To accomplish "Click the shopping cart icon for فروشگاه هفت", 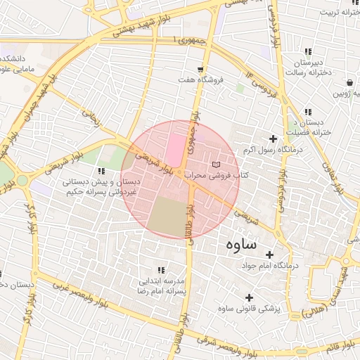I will pyautogui.click(x=201, y=70).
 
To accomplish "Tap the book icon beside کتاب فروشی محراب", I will pyautogui.click(x=215, y=164).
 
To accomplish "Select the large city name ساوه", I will pyautogui.click(x=242, y=245).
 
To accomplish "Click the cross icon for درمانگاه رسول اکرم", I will pyautogui.click(x=274, y=139).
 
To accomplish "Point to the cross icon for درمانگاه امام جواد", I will pyautogui.click(x=268, y=255).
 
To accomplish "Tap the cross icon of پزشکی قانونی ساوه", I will pyautogui.click(x=249, y=297).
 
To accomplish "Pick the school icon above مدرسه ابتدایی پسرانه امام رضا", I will pyautogui.click(x=161, y=270).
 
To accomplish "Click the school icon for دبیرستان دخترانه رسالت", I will pyautogui.click(x=308, y=51).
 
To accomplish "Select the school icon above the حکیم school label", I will pyautogui.click(x=102, y=171).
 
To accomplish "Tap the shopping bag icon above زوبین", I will pyautogui.click(x=350, y=82).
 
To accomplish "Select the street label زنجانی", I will pyautogui.click(x=91, y=118).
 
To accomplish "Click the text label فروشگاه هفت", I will pyautogui.click(x=201, y=79).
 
